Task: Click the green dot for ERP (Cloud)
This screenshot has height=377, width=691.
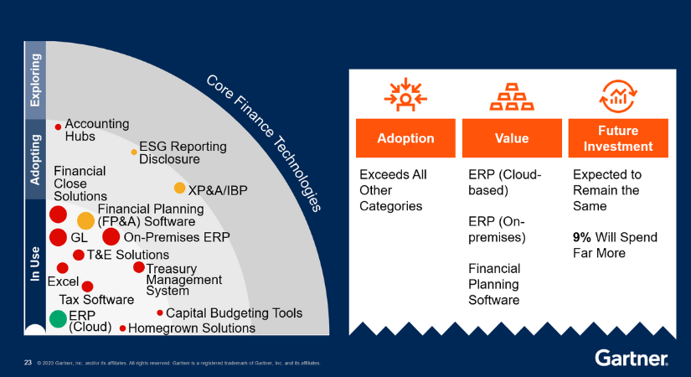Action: pyautogui.click(x=58, y=318)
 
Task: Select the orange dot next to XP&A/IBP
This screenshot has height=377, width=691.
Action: pyautogui.click(x=179, y=188)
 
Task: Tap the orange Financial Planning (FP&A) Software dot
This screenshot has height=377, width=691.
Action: pyautogui.click(x=86, y=221)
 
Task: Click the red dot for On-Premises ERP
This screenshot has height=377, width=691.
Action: pyautogui.click(x=111, y=237)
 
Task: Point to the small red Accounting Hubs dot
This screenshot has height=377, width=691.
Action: pyautogui.click(x=58, y=127)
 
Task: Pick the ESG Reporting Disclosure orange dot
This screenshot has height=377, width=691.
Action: pyautogui.click(x=134, y=152)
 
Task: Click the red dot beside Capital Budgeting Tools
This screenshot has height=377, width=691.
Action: pyautogui.click(x=160, y=313)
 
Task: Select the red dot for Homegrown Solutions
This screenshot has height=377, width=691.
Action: pyautogui.click(x=123, y=328)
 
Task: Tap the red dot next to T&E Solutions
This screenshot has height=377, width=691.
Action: pyautogui.click(x=79, y=255)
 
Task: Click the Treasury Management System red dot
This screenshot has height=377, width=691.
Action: pyautogui.click(x=138, y=267)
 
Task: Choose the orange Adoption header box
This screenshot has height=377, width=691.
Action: pyautogui.click(x=405, y=138)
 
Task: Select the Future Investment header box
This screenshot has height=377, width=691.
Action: pyautogui.click(x=618, y=138)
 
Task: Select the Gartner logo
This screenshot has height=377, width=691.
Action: pyautogui.click(x=631, y=358)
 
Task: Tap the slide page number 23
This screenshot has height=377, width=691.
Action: pyautogui.click(x=28, y=363)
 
